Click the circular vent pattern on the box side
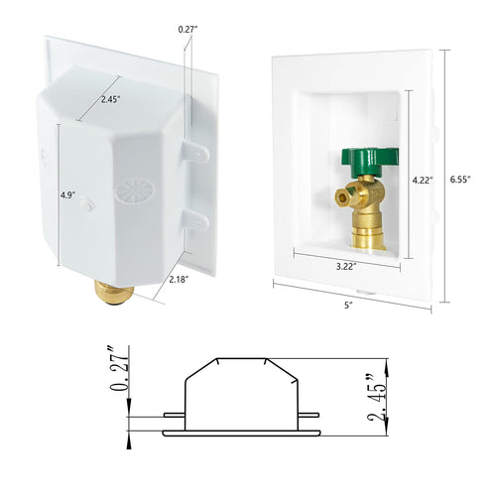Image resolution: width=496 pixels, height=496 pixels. (x=132, y=189)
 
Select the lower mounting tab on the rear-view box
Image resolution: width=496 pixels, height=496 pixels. (x=196, y=219)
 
